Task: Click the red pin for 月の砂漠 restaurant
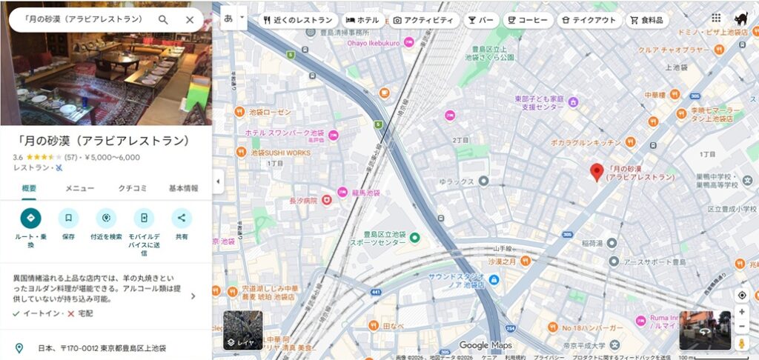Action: coord(597,172)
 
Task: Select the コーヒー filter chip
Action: coord(527,20)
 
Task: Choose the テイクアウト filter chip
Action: coord(588,20)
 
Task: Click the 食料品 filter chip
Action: coord(646,20)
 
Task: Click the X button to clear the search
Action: coord(190,20)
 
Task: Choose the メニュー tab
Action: coord(79,188)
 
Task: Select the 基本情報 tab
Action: coord(183,188)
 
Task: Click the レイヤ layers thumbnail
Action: coord(242,330)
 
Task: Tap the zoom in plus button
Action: coord(741,312)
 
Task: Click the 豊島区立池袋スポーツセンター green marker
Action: coord(415,238)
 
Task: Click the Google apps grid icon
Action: coord(715,19)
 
